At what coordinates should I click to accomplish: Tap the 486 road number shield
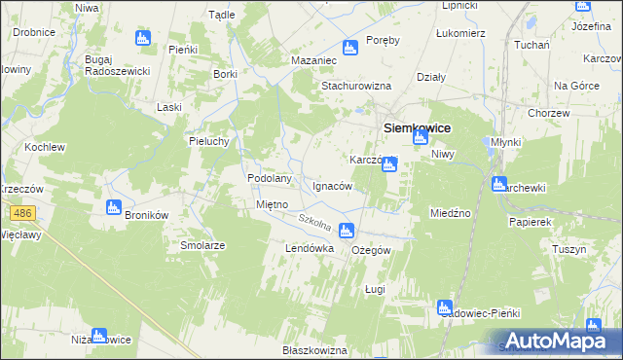pos(22,212)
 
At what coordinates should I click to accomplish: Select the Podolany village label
pos(271,179)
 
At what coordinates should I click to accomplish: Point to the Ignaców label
pos(333,185)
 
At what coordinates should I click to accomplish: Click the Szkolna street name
pos(316,225)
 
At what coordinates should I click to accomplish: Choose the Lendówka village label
pos(310,249)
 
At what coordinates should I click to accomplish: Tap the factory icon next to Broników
pos(113,207)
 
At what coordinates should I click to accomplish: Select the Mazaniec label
pos(313,60)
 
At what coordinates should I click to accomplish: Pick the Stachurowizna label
pos(354,85)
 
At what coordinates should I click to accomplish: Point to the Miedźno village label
pos(450,212)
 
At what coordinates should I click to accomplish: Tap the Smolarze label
pos(202,245)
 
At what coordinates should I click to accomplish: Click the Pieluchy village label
pos(208,140)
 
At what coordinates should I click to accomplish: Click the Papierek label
pos(531,222)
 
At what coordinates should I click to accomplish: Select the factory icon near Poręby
pos(350,48)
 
